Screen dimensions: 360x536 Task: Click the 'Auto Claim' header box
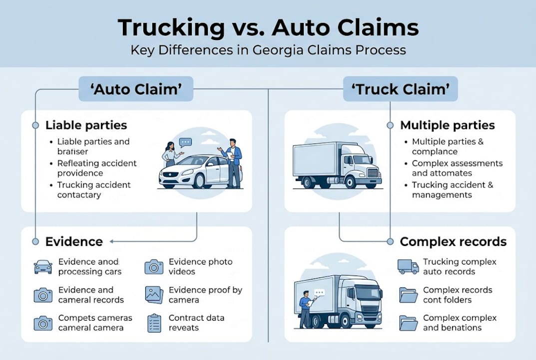click(x=136, y=89)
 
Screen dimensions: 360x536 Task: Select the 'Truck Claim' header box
click(x=401, y=89)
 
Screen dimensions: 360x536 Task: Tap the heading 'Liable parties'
click(x=86, y=125)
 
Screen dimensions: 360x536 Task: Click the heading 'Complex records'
click(x=453, y=242)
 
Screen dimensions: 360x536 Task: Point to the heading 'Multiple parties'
click(x=447, y=125)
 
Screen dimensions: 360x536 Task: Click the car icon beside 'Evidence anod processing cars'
click(x=43, y=266)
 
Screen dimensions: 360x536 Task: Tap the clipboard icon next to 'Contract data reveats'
click(x=154, y=323)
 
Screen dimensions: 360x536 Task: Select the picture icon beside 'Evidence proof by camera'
click(x=154, y=295)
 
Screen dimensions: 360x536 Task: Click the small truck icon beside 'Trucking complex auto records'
click(x=408, y=266)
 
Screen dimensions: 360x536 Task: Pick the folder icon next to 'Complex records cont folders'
click(x=408, y=295)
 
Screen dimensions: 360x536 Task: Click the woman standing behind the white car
click(x=170, y=152)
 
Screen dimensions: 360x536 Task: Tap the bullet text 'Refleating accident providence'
click(x=97, y=168)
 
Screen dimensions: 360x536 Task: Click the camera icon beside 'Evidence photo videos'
click(x=154, y=266)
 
